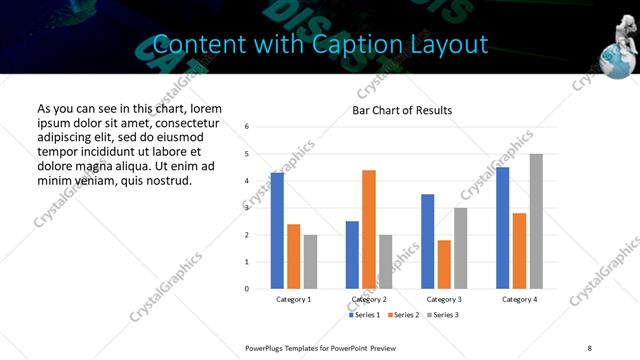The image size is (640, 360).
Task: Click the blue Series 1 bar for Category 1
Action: coord(277,230)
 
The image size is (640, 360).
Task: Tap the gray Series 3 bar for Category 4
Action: coord(536,221)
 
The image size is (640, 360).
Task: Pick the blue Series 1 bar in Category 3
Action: coord(428,241)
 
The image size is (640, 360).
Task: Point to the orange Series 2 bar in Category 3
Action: coord(444,264)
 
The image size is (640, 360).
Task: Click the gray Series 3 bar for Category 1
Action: coord(310,261)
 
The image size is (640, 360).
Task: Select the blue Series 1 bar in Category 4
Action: coord(503,227)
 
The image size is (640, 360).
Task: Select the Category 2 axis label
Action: coord(369,299)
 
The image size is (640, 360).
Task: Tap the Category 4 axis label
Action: coord(519,299)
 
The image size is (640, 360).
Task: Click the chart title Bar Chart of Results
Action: coord(402,110)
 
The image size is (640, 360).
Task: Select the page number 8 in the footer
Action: coord(589,347)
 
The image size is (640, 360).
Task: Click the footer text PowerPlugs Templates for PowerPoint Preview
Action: coord(320,347)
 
